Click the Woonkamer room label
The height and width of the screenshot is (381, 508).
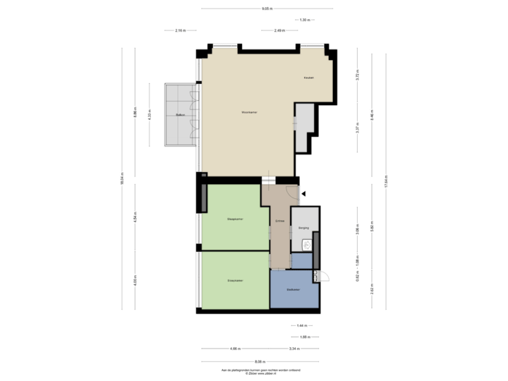click(248, 112)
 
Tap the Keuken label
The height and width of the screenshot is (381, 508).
click(308, 77)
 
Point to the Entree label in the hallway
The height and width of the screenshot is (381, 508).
click(279, 222)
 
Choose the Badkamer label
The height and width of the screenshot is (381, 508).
click(294, 290)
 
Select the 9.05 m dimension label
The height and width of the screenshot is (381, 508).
click(267, 9)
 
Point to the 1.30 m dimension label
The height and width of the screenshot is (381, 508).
click(305, 20)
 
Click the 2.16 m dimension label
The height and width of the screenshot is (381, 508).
click(180, 30)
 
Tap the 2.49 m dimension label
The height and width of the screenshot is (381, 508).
click(279, 30)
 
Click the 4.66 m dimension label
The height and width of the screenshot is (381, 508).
click(235, 348)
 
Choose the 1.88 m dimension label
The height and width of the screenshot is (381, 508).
click(304, 337)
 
